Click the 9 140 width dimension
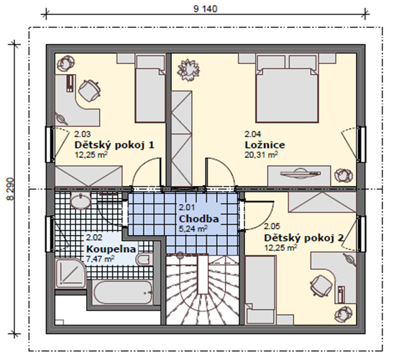tap(206, 9)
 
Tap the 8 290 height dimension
tap(11, 189)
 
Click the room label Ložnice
tap(265, 145)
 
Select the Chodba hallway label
tap(198, 218)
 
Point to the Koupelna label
tap(111, 249)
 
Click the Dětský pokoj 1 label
tap(114, 145)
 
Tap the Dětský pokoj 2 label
tap(304, 238)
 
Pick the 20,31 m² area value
tap(261, 154)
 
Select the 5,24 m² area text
tap(193, 229)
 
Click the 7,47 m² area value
tap(100, 259)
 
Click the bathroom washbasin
tap(81, 201)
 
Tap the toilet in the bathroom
tap(144, 259)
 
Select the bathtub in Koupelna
tap(123, 292)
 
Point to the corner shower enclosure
tap(70, 274)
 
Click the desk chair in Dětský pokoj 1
tap(90, 91)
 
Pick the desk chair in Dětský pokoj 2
tap(321, 285)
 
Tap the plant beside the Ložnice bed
tap(188, 70)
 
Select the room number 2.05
tap(272, 226)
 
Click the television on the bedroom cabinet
tap(301, 173)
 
